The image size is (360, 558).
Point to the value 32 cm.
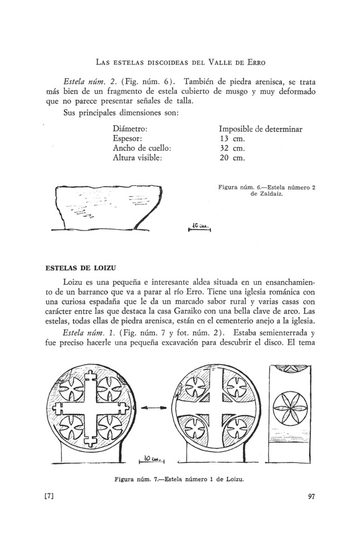233,148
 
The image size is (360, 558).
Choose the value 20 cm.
233,158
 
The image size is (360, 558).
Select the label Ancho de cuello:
141,148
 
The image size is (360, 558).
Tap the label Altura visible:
137,158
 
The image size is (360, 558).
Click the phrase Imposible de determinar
260,128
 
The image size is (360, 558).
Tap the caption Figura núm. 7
180,478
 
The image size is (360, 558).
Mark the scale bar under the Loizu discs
151,459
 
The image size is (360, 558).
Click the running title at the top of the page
180,61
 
